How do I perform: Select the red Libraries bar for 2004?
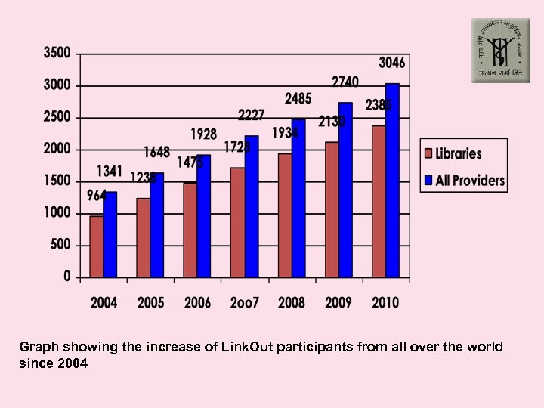(96, 246)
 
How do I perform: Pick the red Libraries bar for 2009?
(332, 209)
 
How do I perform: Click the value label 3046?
(391, 62)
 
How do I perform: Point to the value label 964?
(97, 196)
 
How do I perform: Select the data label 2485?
(298, 98)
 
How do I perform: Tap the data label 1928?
(203, 134)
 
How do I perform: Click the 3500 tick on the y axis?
(57, 53)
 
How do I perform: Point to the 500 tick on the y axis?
(61, 245)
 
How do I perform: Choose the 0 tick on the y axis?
(66, 277)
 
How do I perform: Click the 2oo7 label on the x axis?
(245, 303)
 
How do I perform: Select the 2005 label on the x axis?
(150, 303)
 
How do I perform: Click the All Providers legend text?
(470, 181)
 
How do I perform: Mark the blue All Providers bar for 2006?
(204, 216)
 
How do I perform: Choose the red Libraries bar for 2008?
(284, 215)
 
